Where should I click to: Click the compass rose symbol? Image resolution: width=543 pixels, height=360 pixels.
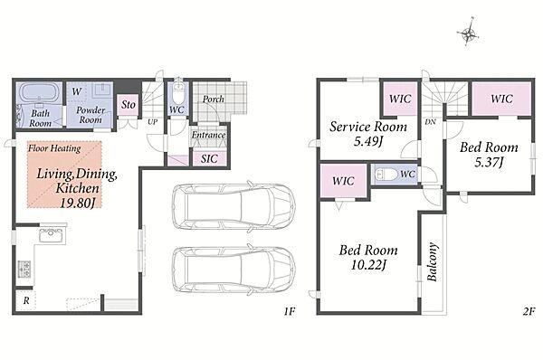tap(468, 33)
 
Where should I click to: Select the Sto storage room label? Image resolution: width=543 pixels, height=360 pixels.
tap(129, 104)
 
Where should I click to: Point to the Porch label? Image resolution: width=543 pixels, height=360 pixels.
tap(213, 99)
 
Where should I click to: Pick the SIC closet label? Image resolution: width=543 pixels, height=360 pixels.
tap(209, 158)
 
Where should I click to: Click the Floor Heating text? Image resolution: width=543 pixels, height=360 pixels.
tap(54, 148)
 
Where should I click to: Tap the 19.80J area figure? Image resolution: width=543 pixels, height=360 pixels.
tap(77, 203)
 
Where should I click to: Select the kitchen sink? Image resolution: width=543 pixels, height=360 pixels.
tap(52, 234)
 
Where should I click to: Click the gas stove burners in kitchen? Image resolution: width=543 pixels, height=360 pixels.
tap(24, 269)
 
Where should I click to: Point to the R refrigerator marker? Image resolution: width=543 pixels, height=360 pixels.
tap(26, 301)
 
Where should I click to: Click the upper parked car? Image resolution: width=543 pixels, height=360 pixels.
tap(233, 206)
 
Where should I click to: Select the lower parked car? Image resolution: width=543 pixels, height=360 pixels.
tap(233, 270)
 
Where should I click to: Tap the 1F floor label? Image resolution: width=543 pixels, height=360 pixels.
tap(290, 311)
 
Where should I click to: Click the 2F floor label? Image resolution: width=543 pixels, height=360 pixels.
tap(529, 311)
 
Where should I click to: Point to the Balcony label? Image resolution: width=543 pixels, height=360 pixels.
tap(433, 261)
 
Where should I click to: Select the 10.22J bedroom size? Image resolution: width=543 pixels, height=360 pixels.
tap(368, 265)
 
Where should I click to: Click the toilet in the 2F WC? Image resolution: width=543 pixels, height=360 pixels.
tap(386, 174)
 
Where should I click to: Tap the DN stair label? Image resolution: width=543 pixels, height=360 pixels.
tap(431, 122)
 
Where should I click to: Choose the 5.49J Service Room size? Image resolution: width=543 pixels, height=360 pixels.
tap(368, 141)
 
